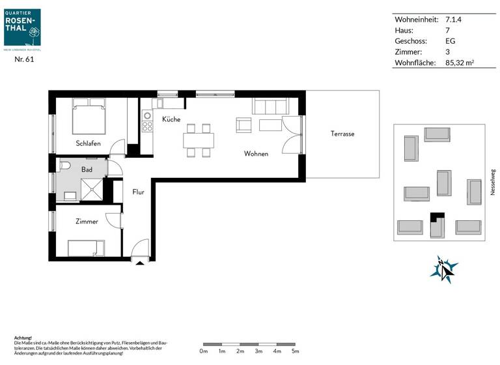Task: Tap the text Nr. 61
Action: pos(24,59)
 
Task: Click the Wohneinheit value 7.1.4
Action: pos(453,20)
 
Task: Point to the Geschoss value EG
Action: pos(450,41)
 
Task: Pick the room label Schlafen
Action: pos(88,143)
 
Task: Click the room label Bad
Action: pos(87,169)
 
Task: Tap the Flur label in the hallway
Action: pos(138,192)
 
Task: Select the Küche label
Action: pos(171,119)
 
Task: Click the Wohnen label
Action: pos(256,154)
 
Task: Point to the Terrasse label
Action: pos(342,134)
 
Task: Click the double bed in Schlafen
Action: pos(89,117)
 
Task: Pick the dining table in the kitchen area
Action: pos(199,139)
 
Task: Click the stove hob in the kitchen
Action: pos(147,122)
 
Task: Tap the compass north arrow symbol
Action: pos(444,269)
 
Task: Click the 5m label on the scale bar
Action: pos(295,352)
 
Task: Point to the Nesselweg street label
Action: pos(492,183)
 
